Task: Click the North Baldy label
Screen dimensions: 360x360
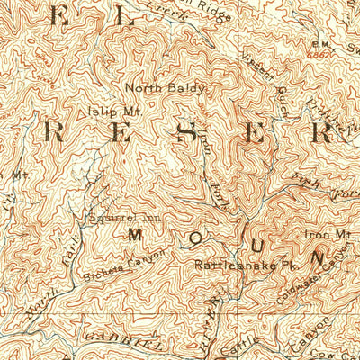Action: click(166, 88)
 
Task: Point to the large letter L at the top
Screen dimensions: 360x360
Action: click(124, 16)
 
